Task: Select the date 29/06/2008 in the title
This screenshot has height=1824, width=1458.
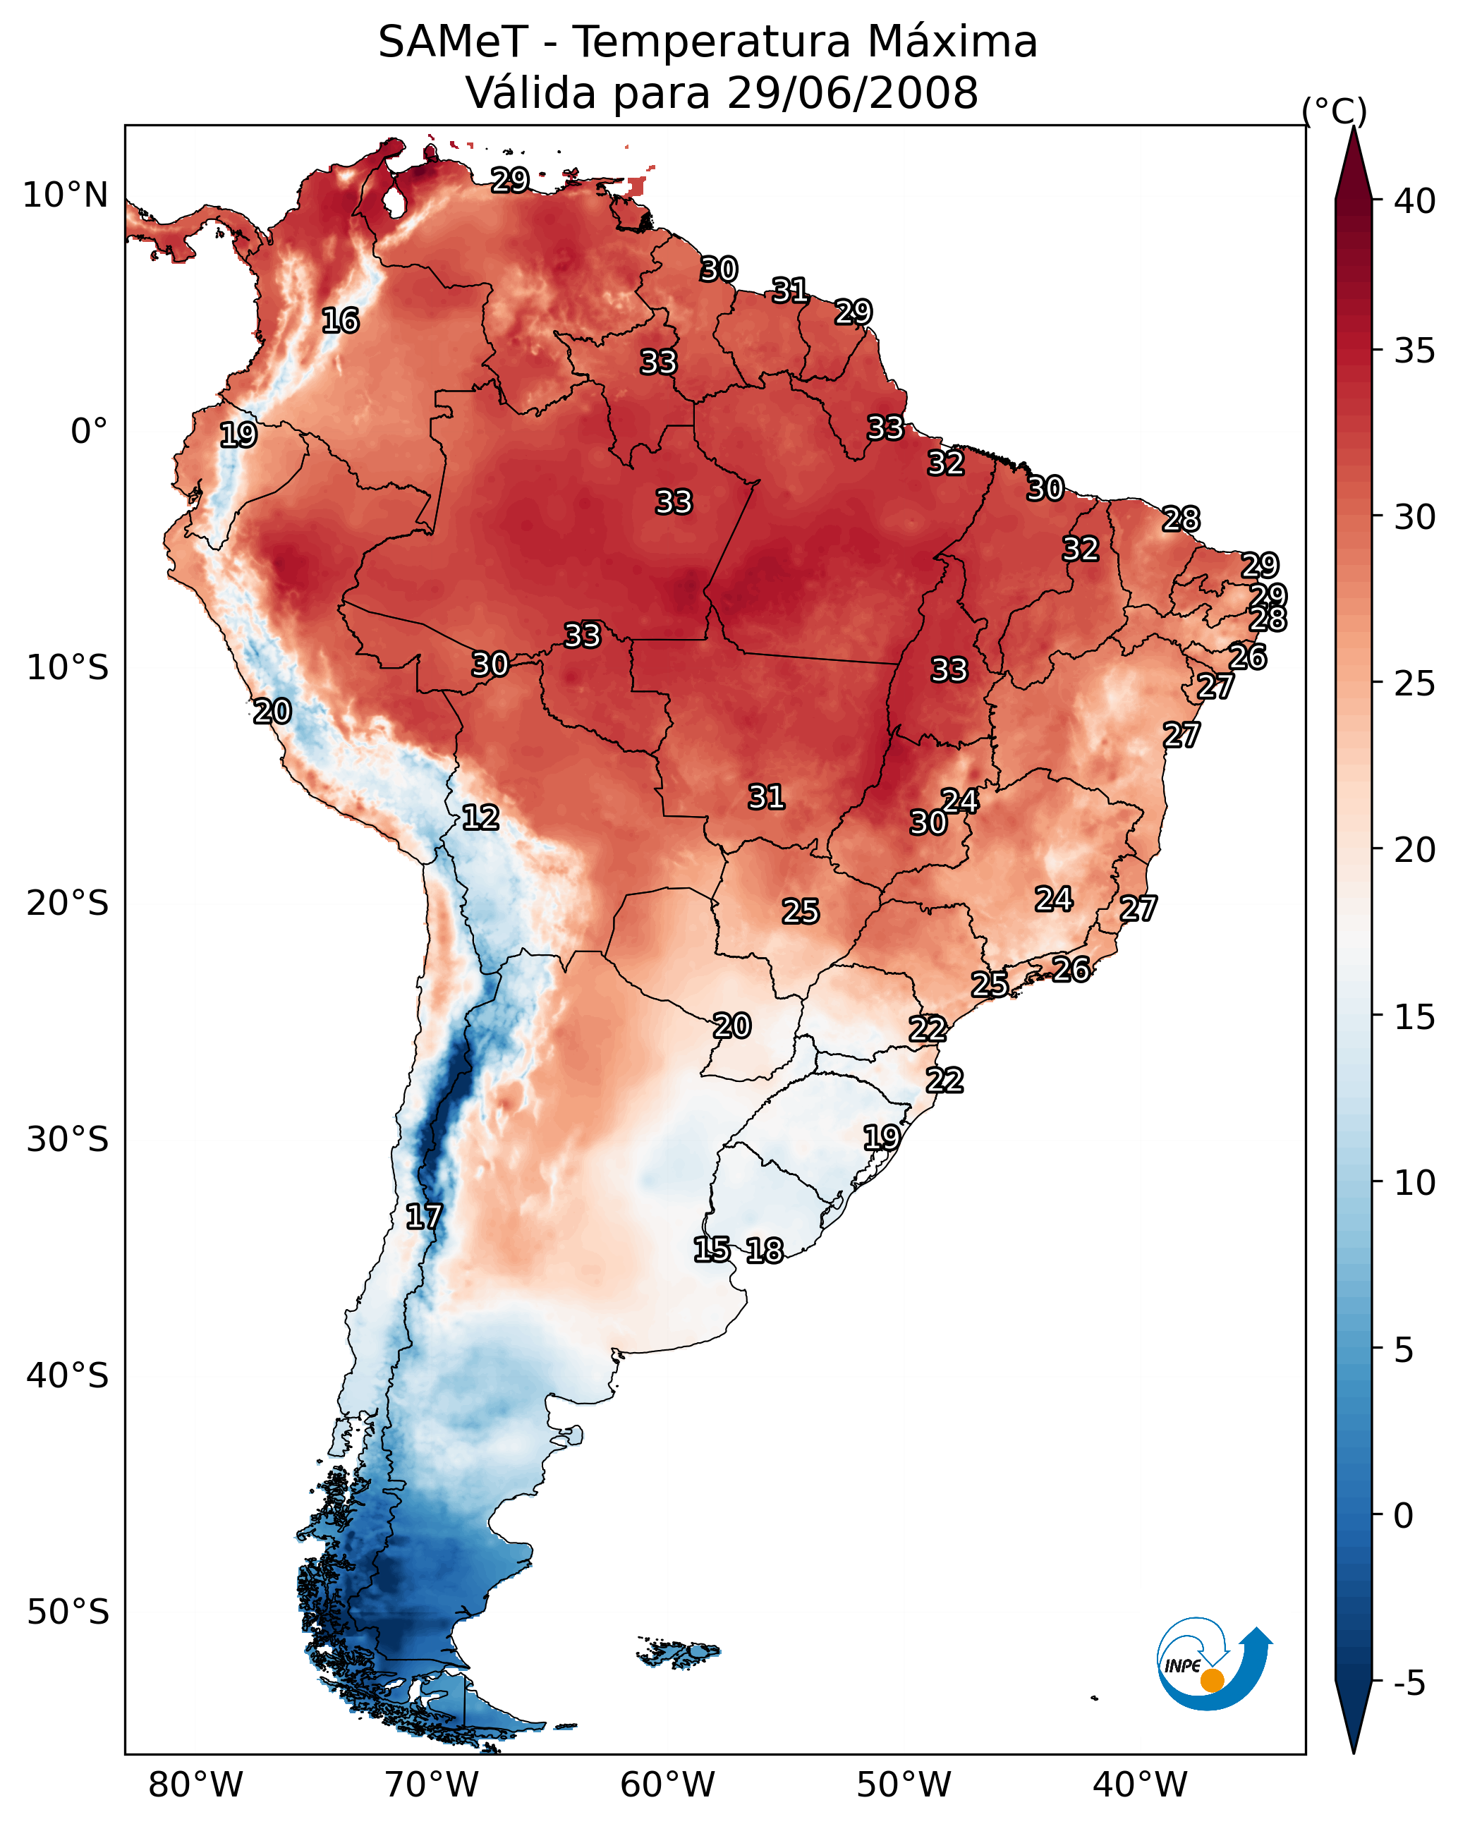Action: click(852, 93)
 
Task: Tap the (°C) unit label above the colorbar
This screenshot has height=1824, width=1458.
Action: click(1335, 111)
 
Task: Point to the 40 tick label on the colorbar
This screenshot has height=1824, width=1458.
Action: click(1415, 201)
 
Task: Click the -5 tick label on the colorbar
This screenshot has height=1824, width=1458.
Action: click(1409, 1684)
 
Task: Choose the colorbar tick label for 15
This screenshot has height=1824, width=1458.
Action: click(1415, 1018)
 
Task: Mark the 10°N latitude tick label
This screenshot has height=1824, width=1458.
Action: click(65, 195)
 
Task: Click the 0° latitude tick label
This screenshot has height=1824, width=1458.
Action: click(89, 432)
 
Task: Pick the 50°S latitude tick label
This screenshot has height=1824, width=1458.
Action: click(68, 1612)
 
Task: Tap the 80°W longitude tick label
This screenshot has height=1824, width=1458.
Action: click(195, 1785)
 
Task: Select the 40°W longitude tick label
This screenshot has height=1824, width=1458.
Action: click(1140, 1785)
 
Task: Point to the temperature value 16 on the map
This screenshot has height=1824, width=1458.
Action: click(340, 321)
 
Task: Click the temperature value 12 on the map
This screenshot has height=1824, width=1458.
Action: click(480, 817)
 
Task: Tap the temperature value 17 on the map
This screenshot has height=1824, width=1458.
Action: click(424, 1217)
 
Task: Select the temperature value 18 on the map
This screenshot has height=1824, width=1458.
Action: click(765, 1251)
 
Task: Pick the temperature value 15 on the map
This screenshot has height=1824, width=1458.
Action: click(712, 1250)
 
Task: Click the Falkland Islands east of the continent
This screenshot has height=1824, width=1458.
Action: click(679, 1653)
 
